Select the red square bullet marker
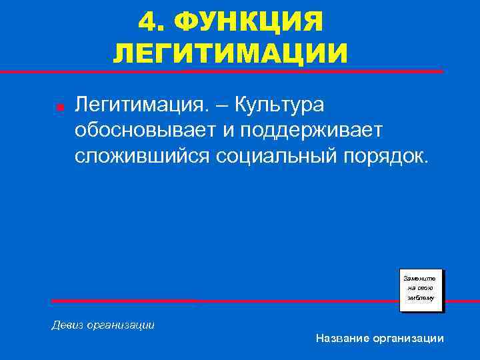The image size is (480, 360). (59, 107)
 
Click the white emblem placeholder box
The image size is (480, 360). (421, 290)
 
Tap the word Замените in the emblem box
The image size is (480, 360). (421, 277)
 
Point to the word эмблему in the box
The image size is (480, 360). (421, 298)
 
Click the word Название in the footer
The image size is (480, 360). (342, 339)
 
